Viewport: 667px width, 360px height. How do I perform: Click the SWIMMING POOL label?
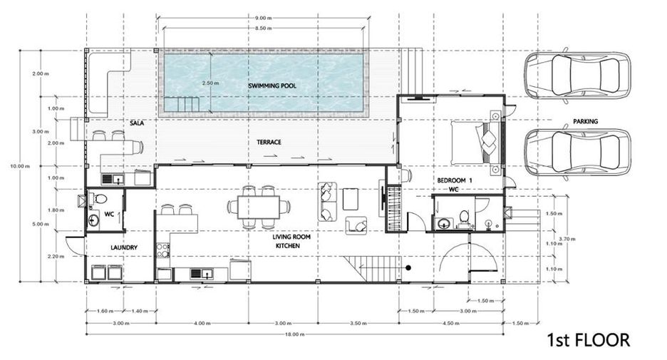coord(272,86)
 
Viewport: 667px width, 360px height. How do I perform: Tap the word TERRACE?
coord(269,142)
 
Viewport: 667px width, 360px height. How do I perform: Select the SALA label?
coord(137,123)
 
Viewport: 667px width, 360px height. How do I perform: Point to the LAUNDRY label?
coord(124,247)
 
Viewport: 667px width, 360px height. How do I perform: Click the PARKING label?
coord(585,121)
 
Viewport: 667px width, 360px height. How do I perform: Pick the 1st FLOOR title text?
coord(588,341)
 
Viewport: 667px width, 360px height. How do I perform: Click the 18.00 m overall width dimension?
coord(295,334)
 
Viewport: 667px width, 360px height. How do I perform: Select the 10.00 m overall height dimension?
coord(20,166)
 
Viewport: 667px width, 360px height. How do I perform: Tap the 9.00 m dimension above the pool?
coord(263,18)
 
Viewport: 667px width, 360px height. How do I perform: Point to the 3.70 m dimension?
coord(567,239)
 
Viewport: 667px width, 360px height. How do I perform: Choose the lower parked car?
coord(577,153)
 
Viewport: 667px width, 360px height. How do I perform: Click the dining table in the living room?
coord(258,207)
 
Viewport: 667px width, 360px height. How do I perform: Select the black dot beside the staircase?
coord(408,267)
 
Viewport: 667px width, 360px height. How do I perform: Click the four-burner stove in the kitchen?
coord(163,250)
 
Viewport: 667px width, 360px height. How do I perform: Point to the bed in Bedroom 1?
coord(471,143)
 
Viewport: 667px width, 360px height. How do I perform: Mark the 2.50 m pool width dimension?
coord(210,83)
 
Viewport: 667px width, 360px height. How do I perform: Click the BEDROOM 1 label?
coord(455,180)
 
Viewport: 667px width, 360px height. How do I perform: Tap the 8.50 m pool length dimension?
coord(263,28)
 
